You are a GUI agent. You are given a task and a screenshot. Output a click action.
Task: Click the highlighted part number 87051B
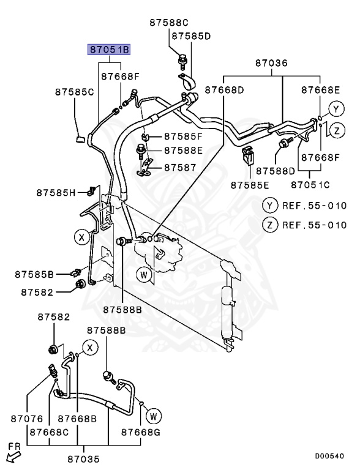tap(110, 50)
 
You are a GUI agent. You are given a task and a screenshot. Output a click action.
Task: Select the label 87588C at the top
tap(170, 23)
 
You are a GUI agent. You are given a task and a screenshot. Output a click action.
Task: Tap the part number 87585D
tap(190, 36)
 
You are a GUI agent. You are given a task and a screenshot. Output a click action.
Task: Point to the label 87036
tap(271, 63)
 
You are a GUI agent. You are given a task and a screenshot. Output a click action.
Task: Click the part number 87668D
tap(224, 90)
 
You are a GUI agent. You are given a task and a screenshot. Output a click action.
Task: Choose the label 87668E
tap(320, 90)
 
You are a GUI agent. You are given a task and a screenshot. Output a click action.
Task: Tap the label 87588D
tap(276, 170)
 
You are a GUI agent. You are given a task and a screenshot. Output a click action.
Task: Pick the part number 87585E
tap(250, 184)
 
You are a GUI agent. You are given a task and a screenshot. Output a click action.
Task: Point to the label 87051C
tap(310, 184)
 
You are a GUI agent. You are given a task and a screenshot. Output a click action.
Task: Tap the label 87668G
tap(140, 432)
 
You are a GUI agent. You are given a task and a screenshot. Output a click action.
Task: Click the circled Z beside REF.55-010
tap(268, 225)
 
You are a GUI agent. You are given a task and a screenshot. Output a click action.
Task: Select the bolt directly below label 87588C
tap(181, 59)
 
